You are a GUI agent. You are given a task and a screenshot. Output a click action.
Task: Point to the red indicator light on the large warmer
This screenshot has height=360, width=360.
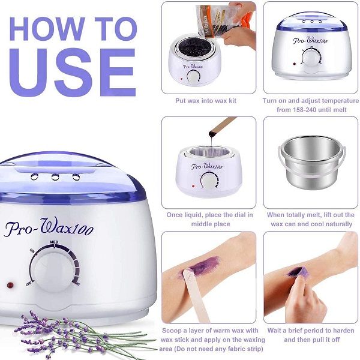10,284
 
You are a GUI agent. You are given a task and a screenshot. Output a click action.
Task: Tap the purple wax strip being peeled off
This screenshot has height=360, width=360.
298,272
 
